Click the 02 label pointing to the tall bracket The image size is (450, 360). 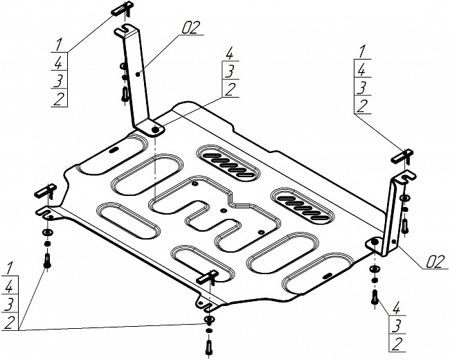(190, 28)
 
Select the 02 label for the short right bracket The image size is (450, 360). (434, 262)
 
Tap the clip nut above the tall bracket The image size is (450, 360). (123, 8)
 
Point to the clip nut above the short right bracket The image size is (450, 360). (402, 156)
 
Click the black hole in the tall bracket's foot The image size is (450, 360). (155, 129)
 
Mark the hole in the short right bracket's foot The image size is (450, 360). (375, 242)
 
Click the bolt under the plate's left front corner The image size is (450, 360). (47, 261)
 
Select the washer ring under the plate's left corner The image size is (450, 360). (47, 232)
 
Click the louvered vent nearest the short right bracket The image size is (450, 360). (303, 208)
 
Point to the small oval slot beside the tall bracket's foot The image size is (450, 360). (114, 150)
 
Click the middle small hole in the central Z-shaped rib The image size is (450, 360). (224, 210)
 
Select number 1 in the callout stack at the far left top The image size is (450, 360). (59, 44)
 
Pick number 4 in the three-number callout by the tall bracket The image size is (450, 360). (230, 54)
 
